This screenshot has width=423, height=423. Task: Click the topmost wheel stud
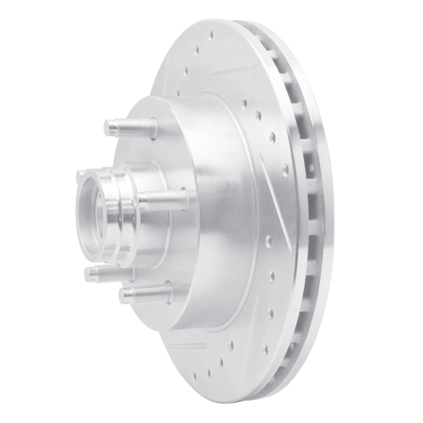click(130, 127)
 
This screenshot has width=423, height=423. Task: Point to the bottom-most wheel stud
click(145, 292)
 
